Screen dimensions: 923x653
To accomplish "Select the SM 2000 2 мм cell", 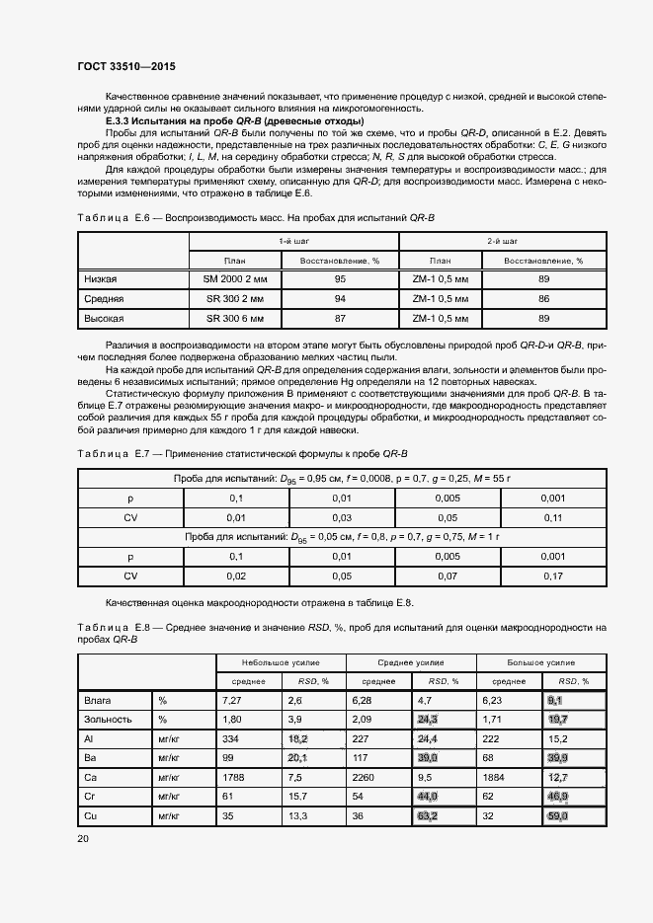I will [235, 279].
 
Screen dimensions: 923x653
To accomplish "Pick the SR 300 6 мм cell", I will [235, 318].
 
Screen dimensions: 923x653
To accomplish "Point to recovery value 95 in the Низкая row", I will [340, 279].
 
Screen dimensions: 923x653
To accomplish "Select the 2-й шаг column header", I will [491, 241].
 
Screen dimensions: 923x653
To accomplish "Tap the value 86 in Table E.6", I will [543, 299].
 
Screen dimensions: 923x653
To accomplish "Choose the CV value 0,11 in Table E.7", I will [553, 517].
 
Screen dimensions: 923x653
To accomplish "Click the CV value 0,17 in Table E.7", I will [553, 575].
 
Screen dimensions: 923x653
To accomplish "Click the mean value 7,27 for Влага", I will [233, 700].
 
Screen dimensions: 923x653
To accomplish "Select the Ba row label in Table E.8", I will [90, 757].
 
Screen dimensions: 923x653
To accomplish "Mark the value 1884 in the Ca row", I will [494, 775].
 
